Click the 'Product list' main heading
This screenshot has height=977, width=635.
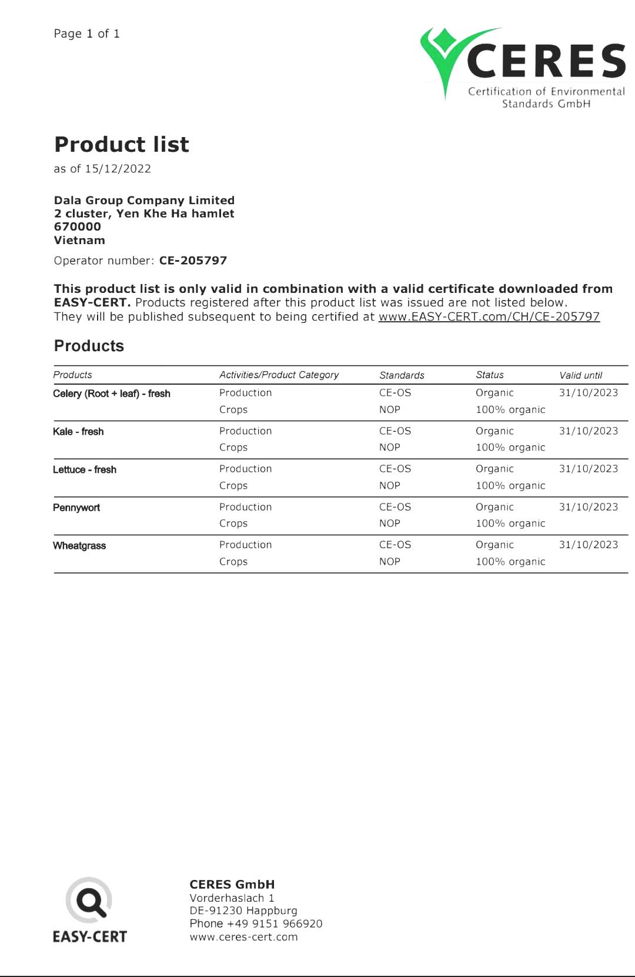pos(122,144)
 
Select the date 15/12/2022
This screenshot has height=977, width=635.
pos(118,169)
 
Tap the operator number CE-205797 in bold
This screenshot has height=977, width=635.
pos(193,261)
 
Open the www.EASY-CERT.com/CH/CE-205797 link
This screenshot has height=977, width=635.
pos(489,316)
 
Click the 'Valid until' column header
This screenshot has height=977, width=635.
pos(580,375)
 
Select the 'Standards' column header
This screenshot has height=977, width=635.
pos(402,375)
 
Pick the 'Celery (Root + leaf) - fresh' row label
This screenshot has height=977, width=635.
pos(112,394)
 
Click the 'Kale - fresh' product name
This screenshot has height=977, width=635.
pos(78,432)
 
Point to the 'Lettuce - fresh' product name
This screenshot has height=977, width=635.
pos(85,469)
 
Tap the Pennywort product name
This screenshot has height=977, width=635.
pos(76,508)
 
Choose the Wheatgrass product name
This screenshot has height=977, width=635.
pos(79,546)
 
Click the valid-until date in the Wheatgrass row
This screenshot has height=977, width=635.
pos(588,545)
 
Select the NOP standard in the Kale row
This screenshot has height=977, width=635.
pos(389,448)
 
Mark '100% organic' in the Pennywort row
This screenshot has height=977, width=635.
pos(510,523)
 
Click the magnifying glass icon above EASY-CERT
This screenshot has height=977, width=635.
pos(89,901)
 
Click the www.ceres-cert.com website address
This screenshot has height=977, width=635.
pos(243,937)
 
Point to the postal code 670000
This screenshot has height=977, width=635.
pos(78,227)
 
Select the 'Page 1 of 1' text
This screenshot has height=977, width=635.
pos(86,34)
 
